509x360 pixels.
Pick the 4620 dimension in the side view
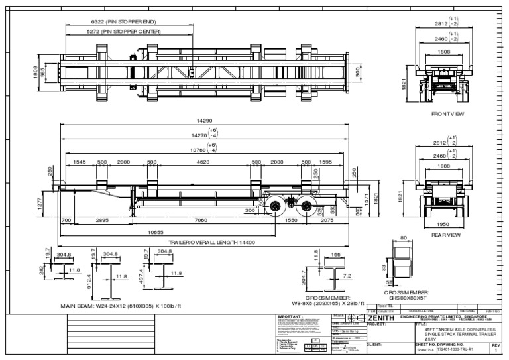click(202, 162)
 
